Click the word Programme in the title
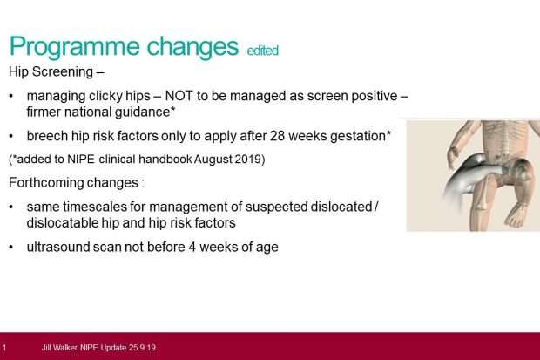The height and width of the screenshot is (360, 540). (x=74, y=47)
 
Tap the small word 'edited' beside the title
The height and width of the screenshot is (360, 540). (x=262, y=51)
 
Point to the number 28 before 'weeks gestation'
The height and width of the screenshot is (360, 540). (x=277, y=136)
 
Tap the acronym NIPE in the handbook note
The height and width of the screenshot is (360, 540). (x=81, y=160)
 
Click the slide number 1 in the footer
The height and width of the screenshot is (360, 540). (x=4, y=347)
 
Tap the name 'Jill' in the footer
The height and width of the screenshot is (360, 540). (x=46, y=347)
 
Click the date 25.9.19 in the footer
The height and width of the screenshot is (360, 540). (x=142, y=347)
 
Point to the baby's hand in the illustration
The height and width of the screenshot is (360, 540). (x=453, y=156)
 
